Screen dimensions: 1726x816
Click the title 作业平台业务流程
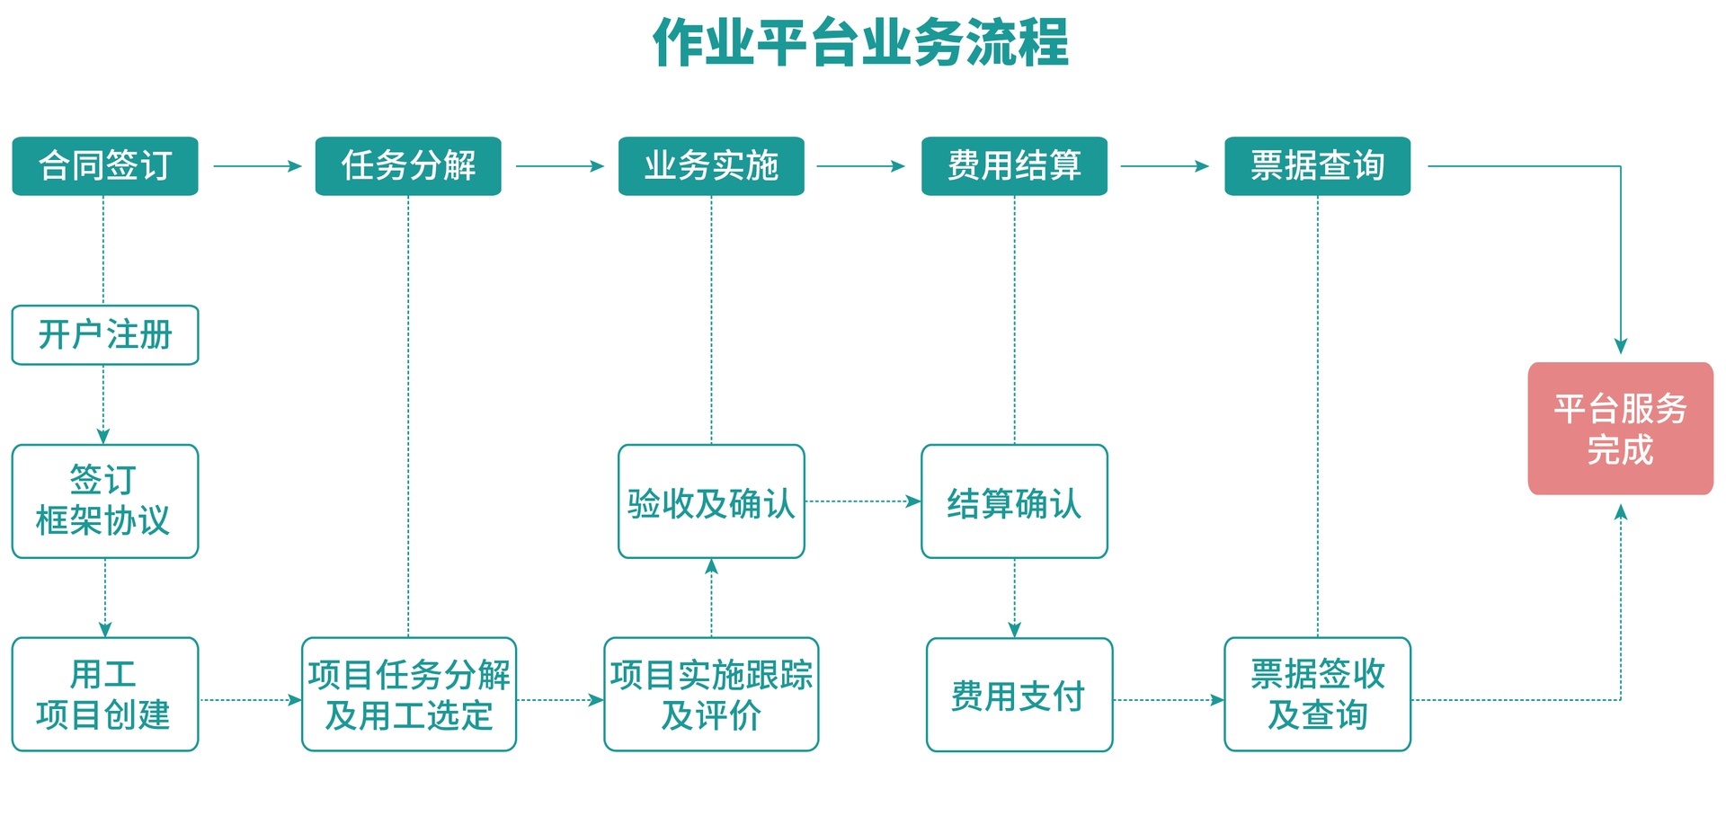point(860,42)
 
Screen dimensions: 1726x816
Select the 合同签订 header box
point(105,166)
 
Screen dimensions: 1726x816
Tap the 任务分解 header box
point(408,166)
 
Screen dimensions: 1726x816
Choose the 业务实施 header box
point(711,166)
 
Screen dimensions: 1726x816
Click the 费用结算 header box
point(1014,166)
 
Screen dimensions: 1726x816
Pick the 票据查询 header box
point(1318,166)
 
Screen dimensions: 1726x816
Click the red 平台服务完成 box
point(1621,429)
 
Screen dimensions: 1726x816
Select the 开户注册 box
point(105,335)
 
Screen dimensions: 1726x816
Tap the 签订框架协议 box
point(105,501)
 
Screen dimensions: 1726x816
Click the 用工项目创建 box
point(105,695)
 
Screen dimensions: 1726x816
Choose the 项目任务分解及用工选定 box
point(409,695)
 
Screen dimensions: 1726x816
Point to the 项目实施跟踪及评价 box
point(711,695)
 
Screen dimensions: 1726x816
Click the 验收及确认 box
point(711,501)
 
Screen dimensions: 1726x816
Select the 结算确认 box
point(1014,501)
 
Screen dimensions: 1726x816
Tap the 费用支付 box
point(1019,695)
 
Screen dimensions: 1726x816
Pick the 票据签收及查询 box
point(1318,695)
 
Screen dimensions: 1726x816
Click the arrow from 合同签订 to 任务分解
point(257,166)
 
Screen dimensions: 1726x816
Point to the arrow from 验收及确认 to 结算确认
point(863,501)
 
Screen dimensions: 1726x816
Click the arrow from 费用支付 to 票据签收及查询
point(1169,700)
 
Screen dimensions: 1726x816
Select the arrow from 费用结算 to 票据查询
point(1165,166)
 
